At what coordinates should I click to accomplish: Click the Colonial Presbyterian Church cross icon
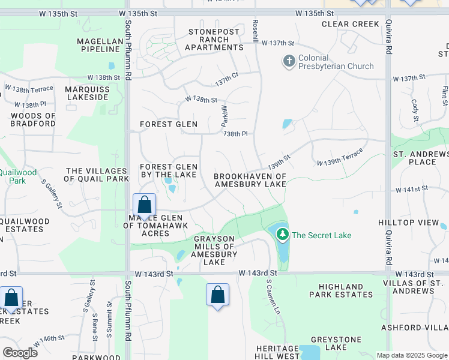[289, 61]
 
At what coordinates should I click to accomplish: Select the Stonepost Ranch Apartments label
[214, 40]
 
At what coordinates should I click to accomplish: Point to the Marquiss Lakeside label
[87, 94]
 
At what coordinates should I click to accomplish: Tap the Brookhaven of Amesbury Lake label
[250, 180]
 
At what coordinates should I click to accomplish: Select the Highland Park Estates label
[341, 290]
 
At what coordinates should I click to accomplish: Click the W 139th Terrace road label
[340, 158]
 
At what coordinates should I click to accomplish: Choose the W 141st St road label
[411, 188]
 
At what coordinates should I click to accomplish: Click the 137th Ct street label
[227, 79]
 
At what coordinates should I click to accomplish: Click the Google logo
[20, 353]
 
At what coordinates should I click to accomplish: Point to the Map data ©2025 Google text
[411, 355]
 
